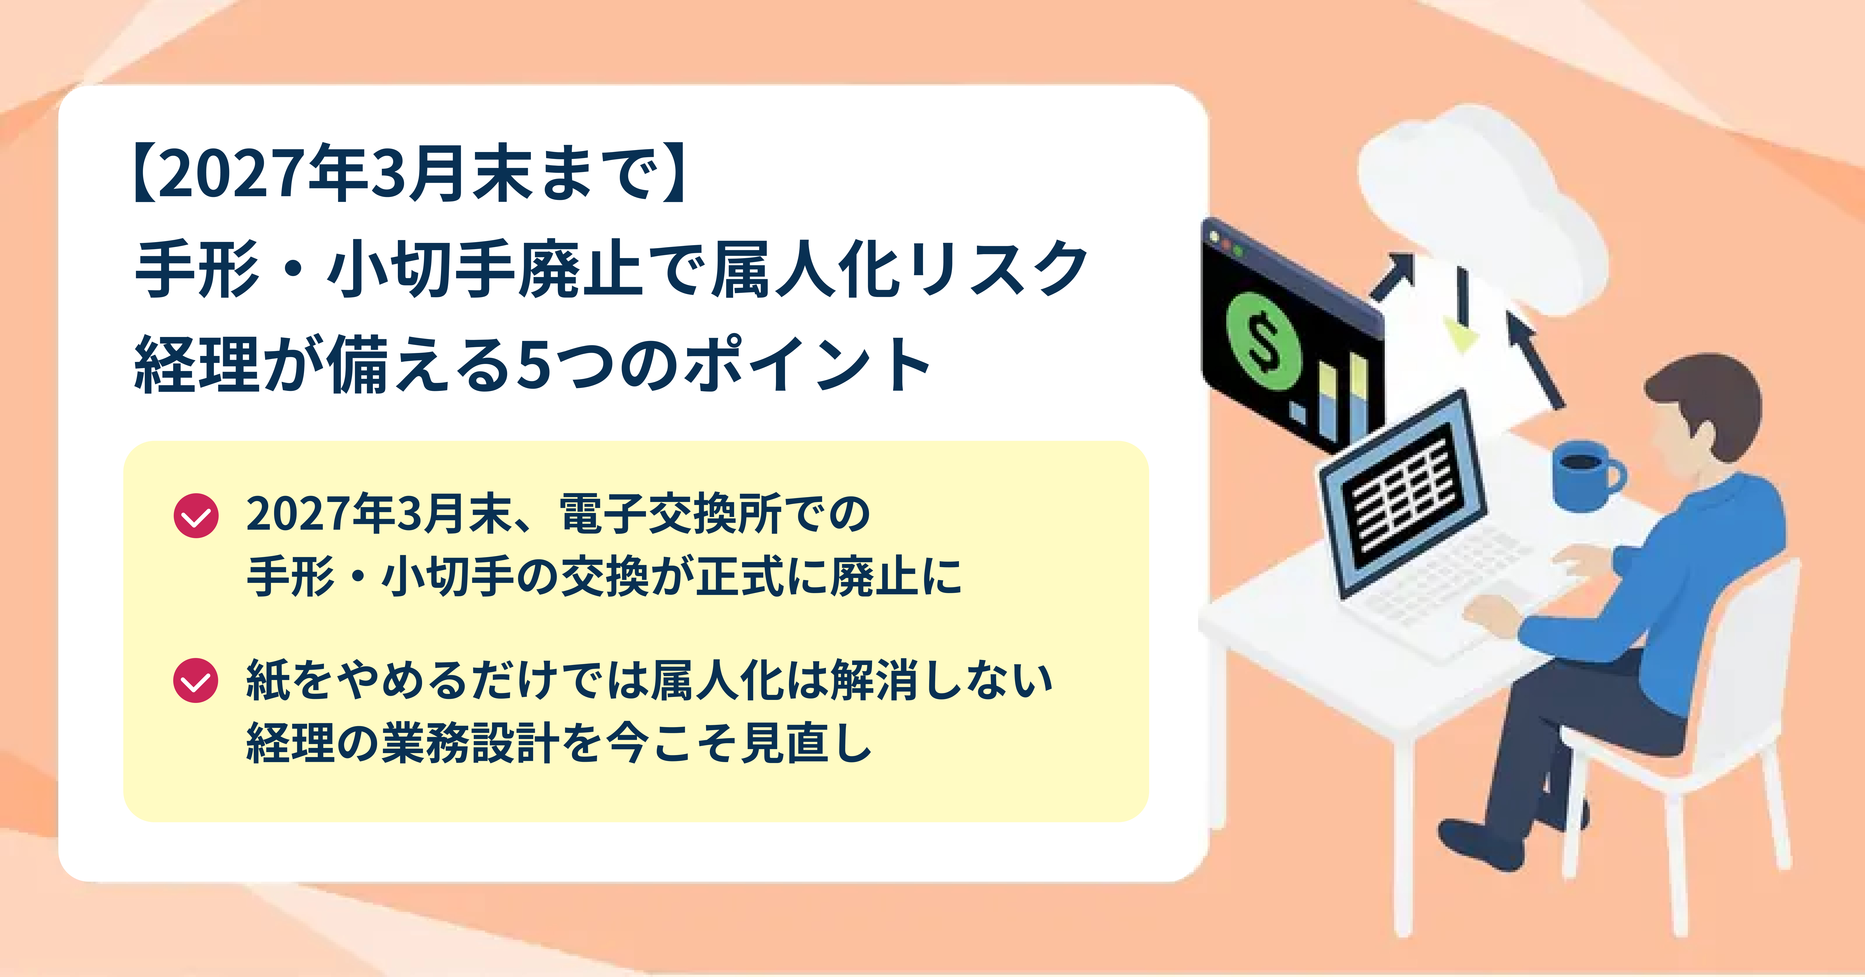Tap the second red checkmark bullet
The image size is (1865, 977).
click(195, 680)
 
